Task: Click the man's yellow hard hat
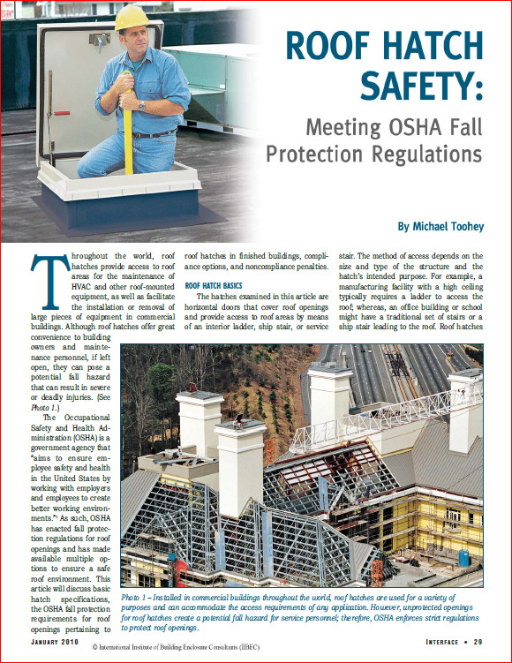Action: click(132, 18)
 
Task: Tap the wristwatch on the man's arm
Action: click(141, 105)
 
